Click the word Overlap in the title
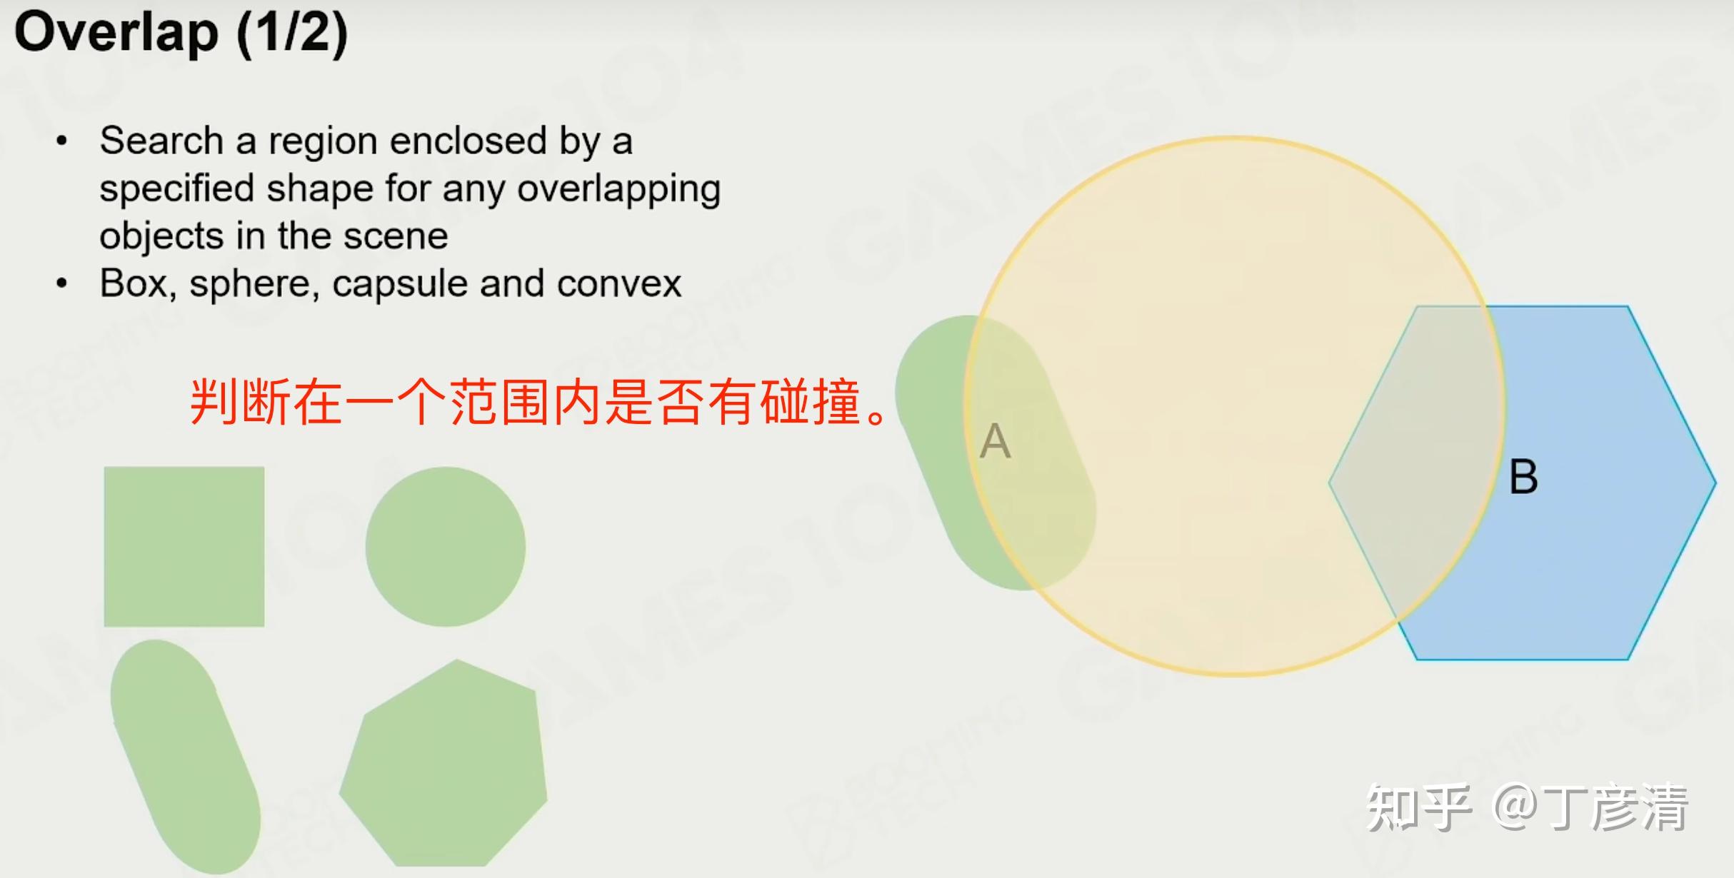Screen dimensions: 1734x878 coord(116,33)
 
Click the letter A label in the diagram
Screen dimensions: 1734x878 coord(996,440)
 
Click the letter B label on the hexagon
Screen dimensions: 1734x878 coord(1523,477)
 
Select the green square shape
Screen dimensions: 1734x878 coord(184,547)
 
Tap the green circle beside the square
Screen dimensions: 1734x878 coord(446,547)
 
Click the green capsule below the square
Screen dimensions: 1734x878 coord(186,757)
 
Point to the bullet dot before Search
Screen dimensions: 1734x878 coord(62,141)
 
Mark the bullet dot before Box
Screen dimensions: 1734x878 coord(62,283)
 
